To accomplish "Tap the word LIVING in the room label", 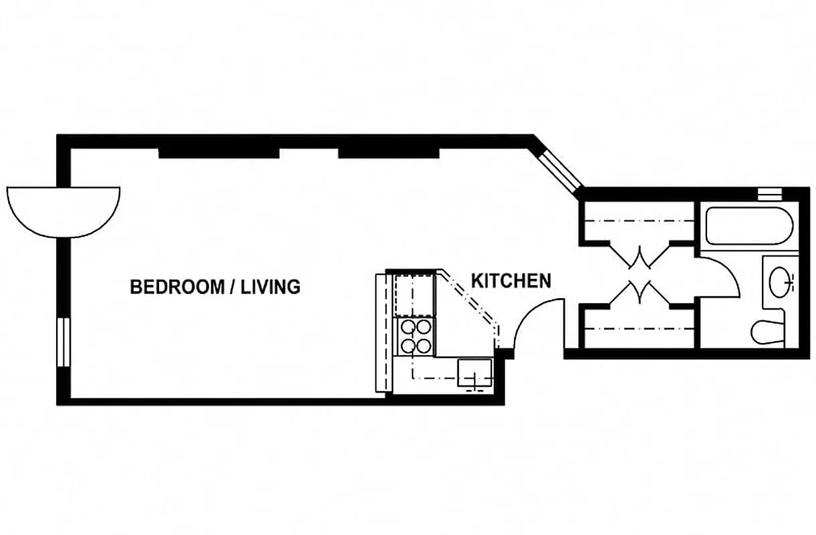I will point(270,288).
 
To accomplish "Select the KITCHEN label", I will point(511,281).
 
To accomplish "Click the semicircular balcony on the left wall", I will point(63,209).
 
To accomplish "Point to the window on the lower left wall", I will point(63,342).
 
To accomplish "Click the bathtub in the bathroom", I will point(749,226).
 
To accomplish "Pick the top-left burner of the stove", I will point(406,328).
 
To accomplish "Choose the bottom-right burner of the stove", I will point(424,346).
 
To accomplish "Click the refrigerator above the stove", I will point(414,294).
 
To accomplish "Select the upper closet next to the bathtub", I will point(638,221).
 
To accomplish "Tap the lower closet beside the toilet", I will point(638,328).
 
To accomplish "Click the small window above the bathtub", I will point(769,194).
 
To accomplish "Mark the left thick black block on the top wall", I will point(219,152).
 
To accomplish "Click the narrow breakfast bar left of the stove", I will point(382,332).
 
